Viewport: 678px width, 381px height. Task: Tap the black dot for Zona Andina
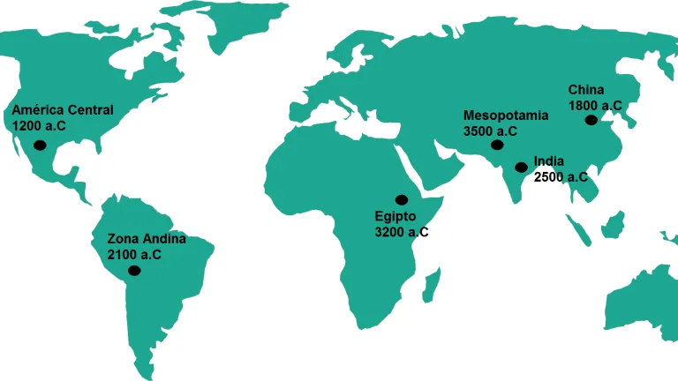pyautogui.click(x=134, y=270)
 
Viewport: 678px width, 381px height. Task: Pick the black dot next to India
pyautogui.click(x=521, y=165)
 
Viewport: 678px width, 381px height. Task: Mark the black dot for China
pyautogui.click(x=591, y=120)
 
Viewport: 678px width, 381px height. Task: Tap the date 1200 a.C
pyautogui.click(x=39, y=126)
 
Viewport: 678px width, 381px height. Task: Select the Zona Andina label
pyautogui.click(x=147, y=239)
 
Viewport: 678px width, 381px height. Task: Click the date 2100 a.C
pyautogui.click(x=134, y=254)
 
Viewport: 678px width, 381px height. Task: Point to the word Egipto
pyautogui.click(x=395, y=217)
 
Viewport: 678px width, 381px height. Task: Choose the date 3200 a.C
pyautogui.click(x=403, y=232)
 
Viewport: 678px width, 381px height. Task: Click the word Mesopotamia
pyautogui.click(x=506, y=116)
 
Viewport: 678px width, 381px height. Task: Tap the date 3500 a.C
pyautogui.click(x=490, y=131)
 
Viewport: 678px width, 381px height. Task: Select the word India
pyautogui.click(x=549, y=161)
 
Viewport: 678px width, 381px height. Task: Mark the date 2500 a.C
pyautogui.click(x=561, y=176)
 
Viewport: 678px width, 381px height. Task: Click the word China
pyautogui.click(x=586, y=90)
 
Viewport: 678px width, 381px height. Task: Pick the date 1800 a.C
pyautogui.click(x=595, y=105)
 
